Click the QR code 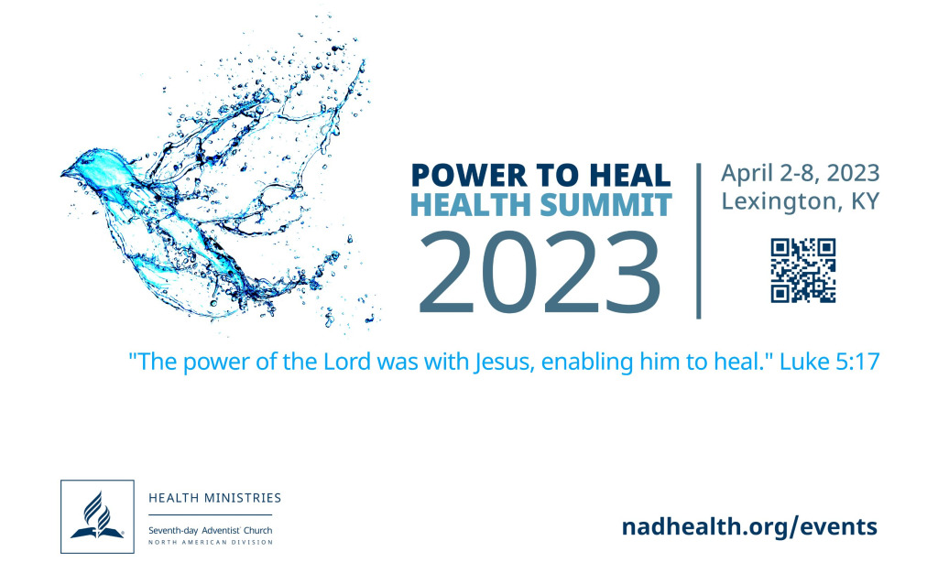[802, 271]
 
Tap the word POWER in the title [469, 176]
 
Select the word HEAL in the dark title [630, 176]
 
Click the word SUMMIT [605, 205]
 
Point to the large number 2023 [540, 273]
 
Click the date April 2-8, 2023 [801, 173]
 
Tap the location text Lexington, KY [801, 201]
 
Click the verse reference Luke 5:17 [830, 362]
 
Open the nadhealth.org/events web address [749, 527]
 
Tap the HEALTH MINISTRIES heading [214, 498]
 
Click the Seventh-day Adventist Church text [210, 530]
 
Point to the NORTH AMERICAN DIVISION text [211, 543]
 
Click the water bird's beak [68, 173]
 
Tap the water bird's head [95, 168]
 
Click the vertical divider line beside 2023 [698, 241]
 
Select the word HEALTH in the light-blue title [472, 205]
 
